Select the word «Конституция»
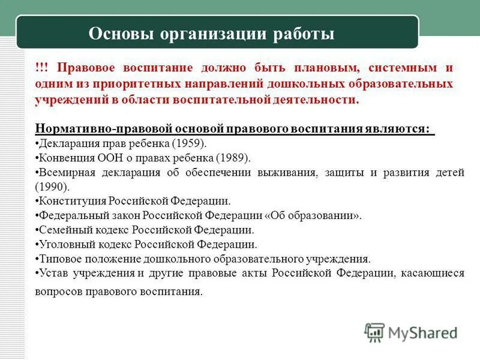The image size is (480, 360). click(71, 201)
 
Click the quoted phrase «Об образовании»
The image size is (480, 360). click(315, 215)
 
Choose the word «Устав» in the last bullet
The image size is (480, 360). click(53, 274)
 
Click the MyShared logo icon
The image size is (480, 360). click(374, 332)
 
